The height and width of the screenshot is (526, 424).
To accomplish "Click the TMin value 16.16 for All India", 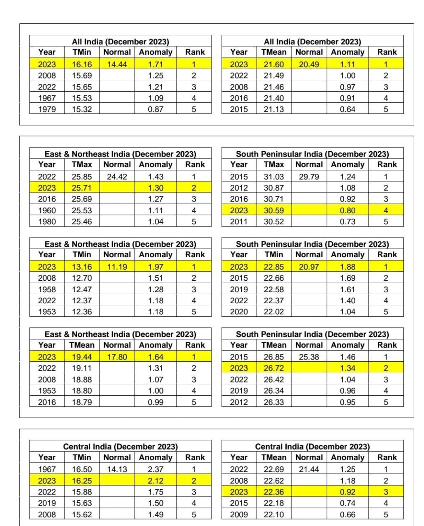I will [x=82, y=64].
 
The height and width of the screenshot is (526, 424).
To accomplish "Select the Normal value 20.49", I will [x=309, y=64].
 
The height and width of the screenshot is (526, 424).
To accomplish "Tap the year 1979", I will [x=47, y=109].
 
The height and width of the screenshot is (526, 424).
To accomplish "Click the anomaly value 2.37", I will [x=155, y=469].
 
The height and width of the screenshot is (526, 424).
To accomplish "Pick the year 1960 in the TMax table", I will [x=47, y=210].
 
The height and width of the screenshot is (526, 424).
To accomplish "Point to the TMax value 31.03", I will [x=274, y=177].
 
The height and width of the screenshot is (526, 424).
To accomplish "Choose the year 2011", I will [x=239, y=221].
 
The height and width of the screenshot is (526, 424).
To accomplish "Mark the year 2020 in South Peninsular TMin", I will [x=239, y=311].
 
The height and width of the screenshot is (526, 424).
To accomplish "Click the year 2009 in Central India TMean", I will [x=239, y=514].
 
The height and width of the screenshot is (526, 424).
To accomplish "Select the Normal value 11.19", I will [x=117, y=267].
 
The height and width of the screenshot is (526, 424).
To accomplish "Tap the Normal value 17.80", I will [x=117, y=357].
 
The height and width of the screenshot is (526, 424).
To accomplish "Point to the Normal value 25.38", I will [x=309, y=357].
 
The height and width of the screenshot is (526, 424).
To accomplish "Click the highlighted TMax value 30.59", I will [x=274, y=210].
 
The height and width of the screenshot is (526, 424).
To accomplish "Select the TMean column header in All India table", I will [x=274, y=52].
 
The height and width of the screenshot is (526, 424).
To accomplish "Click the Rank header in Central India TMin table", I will [x=195, y=457].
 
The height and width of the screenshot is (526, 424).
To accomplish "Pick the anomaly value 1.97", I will [x=155, y=267].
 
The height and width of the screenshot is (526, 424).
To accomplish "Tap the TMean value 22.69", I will [x=274, y=469].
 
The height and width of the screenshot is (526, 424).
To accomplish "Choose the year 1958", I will [x=47, y=289].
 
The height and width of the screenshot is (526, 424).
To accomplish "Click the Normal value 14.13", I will [x=117, y=469].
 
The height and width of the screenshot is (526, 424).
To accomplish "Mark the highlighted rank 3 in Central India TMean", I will [x=386, y=492].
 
